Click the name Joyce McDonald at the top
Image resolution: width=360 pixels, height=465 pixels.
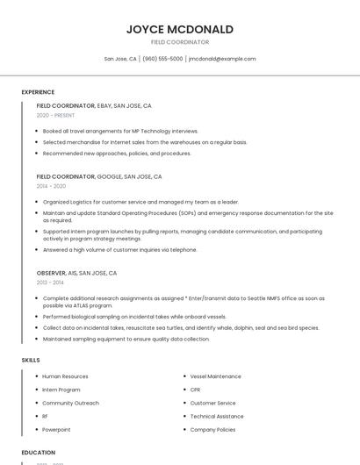179,29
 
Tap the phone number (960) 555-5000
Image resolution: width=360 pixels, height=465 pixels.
162,59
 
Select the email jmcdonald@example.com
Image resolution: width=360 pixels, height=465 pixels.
222,59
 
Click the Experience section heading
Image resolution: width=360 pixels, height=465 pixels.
38,92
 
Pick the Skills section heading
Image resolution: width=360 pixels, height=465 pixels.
31,360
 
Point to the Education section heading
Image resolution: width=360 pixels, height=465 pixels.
38,453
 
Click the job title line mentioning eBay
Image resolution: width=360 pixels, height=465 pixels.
94,105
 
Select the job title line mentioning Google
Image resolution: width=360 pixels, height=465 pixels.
99,176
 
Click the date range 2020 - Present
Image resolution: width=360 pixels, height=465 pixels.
55,115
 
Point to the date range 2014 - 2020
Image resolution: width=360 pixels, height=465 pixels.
51,186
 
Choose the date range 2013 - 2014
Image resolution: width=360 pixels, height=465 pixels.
50,283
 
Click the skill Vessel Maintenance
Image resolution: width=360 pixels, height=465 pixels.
215,376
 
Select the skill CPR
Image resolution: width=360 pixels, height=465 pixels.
195,390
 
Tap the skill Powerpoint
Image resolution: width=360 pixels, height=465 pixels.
56,430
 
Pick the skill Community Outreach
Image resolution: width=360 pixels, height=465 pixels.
70,403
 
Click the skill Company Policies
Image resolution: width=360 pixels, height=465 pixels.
212,430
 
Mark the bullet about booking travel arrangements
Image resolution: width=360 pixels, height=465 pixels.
120,131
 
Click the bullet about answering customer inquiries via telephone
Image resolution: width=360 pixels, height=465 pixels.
119,249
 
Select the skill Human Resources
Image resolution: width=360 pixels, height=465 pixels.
65,376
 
